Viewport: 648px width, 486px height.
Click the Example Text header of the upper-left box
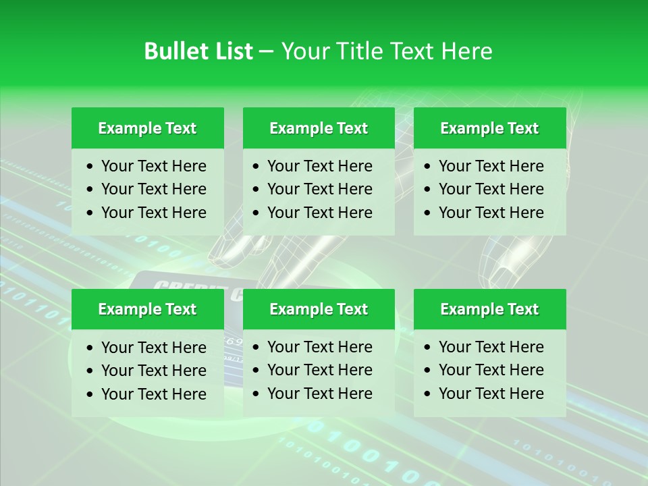pyautogui.click(x=147, y=128)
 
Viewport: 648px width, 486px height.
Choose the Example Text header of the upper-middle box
pyautogui.click(x=319, y=128)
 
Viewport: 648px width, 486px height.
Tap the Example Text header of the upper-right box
pyautogui.click(x=489, y=128)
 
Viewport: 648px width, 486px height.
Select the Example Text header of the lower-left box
pyautogui.click(x=147, y=309)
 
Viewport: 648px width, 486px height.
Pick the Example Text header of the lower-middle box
pyautogui.click(x=319, y=309)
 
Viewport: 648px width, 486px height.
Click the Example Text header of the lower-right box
pyautogui.click(x=489, y=309)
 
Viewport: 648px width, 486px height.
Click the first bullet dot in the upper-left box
pyautogui.click(x=90, y=167)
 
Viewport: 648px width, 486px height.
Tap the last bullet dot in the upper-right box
pyautogui.click(x=428, y=213)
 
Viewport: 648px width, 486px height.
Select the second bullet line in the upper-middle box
pyautogui.click(x=319, y=189)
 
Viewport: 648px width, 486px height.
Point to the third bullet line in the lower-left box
pyautogui.click(x=153, y=394)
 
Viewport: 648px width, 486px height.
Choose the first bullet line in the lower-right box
pyautogui.click(x=491, y=347)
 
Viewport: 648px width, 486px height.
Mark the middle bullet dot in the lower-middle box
pyautogui.click(x=256, y=371)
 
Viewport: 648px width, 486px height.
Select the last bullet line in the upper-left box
pyautogui.click(x=153, y=213)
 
